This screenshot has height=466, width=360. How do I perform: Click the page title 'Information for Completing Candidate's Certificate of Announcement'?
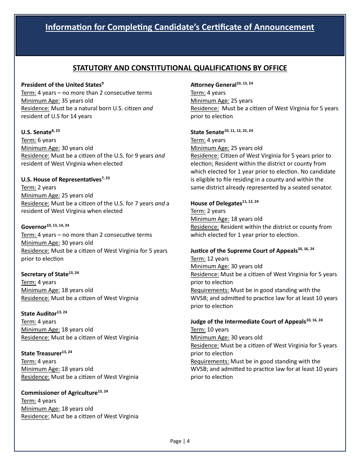[180, 27]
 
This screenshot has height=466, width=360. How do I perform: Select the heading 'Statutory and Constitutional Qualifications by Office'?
[180, 68]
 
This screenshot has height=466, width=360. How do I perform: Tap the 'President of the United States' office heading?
[61, 85]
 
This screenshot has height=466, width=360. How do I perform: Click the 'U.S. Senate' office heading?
[36, 132]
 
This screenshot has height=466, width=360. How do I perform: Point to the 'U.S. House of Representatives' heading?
[61, 180]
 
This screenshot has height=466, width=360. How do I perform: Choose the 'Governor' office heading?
[34, 227]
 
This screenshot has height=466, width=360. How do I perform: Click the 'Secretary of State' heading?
[45, 274]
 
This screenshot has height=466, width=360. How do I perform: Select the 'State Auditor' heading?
[39, 314]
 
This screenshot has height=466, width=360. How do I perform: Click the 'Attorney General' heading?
[213, 85]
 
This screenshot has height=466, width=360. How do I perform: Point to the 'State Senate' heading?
[207, 132]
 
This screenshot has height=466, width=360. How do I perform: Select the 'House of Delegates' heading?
[216, 203]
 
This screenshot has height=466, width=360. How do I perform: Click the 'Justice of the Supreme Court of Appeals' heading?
[244, 251]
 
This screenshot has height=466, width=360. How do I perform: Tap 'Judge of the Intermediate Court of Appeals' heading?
[248, 322]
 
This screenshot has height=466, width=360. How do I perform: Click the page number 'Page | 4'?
[180, 441]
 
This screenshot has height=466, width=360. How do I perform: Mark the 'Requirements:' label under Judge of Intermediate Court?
[210, 361]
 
